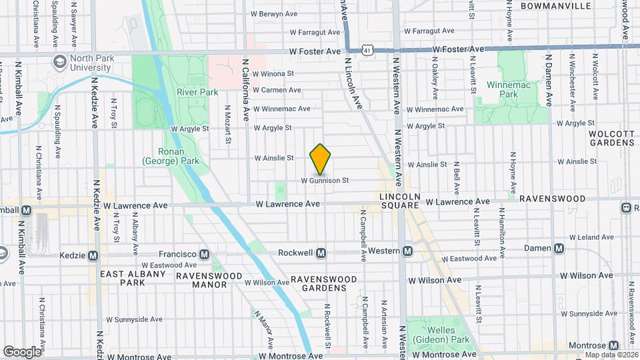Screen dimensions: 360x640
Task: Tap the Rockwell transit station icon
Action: point(321,253)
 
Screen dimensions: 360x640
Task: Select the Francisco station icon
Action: point(205,254)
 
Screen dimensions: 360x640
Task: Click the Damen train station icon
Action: point(559,249)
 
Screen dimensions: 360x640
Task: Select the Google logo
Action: point(22,351)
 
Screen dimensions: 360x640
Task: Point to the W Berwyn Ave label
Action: point(273,13)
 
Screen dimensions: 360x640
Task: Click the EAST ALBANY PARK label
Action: point(132,278)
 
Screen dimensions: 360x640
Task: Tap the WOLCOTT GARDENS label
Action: point(611,138)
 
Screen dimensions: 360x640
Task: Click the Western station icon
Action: point(407,251)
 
